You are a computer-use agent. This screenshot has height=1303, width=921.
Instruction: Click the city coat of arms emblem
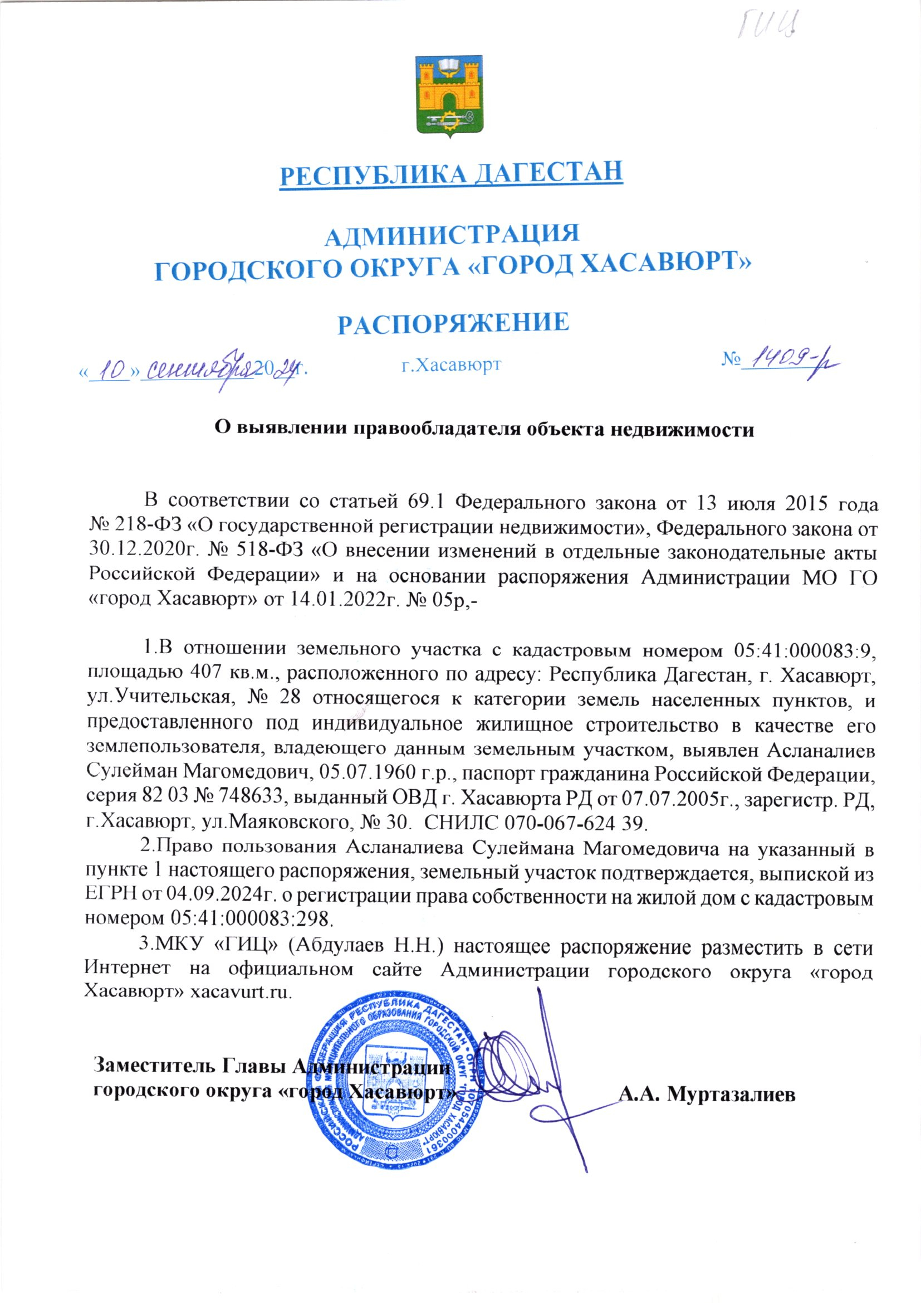click(450, 97)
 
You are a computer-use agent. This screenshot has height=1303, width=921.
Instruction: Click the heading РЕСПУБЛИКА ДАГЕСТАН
click(452, 173)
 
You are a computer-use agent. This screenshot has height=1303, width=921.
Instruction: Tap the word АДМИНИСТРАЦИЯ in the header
click(452, 235)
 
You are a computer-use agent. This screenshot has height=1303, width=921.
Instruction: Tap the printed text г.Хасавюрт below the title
click(452, 364)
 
